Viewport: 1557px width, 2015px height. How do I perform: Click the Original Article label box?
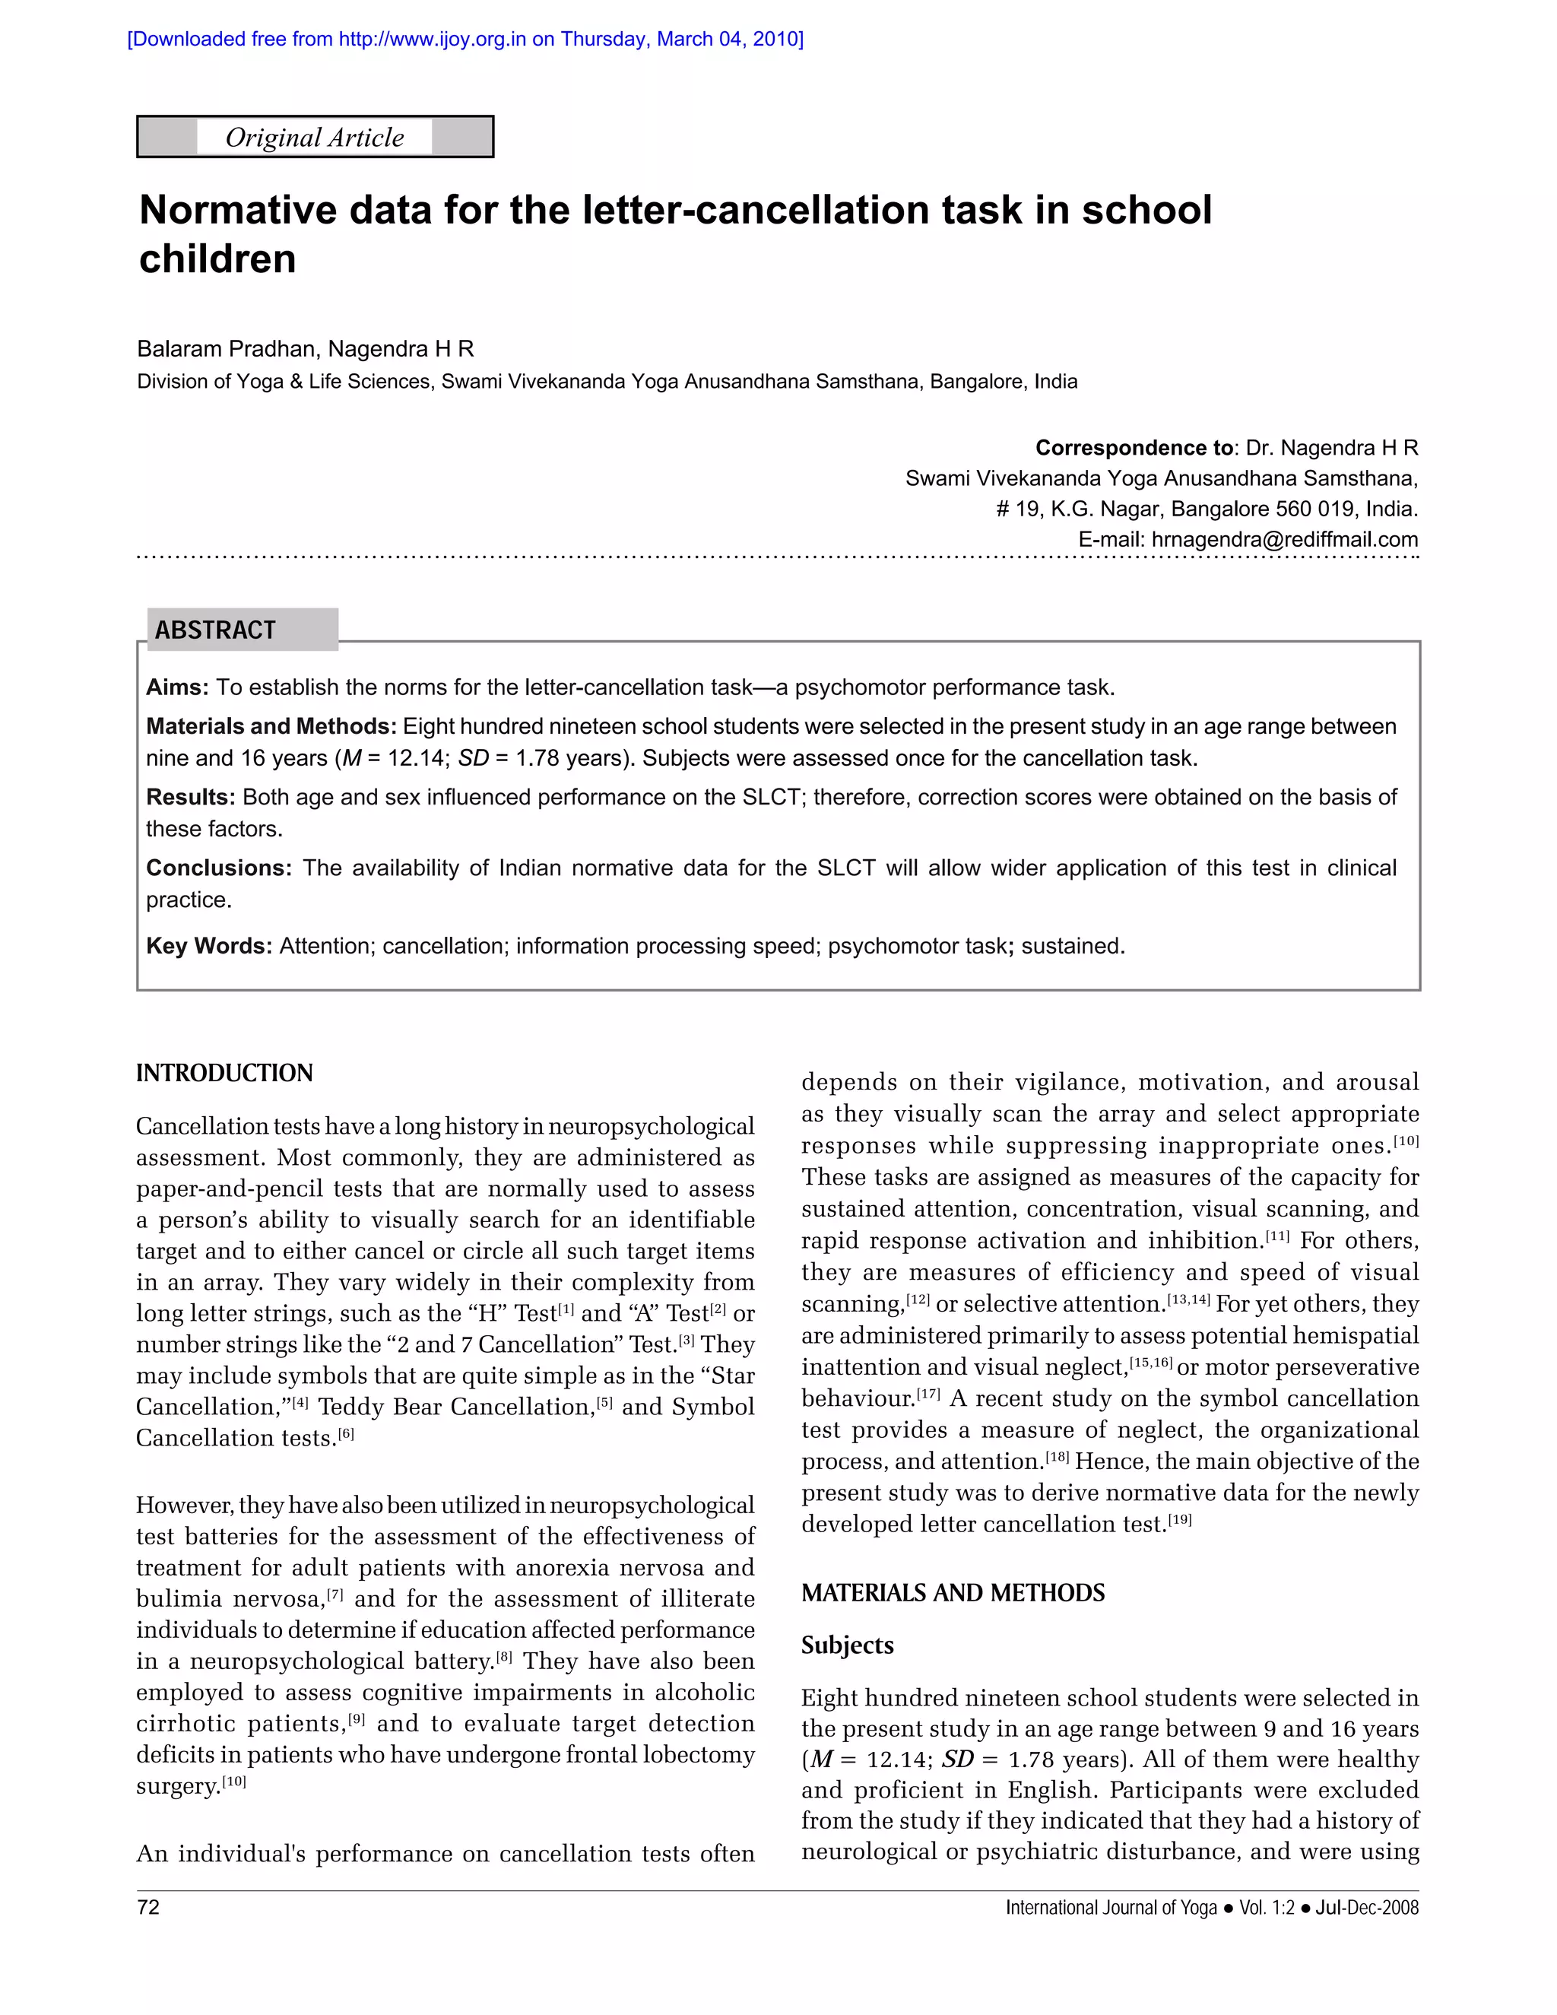315,138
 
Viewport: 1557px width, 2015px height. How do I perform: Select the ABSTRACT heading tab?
216,630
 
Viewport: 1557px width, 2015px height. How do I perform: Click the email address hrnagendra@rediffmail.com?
1285,540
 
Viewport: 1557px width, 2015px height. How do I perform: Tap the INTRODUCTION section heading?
224,1073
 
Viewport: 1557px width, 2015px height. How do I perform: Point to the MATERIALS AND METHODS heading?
953,1593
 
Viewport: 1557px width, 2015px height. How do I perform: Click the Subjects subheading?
847,1645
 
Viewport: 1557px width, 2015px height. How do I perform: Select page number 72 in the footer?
147,1907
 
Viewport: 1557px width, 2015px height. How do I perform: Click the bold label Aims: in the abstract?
177,687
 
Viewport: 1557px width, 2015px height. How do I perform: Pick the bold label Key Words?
208,946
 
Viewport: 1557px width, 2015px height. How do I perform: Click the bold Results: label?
190,797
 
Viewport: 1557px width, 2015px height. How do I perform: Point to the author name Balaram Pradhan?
227,349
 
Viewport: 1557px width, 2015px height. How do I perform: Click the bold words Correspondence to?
1134,449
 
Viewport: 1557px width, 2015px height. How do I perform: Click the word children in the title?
217,259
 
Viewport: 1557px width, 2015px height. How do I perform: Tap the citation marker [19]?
1180,1518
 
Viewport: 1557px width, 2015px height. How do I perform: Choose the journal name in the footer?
1111,1908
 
